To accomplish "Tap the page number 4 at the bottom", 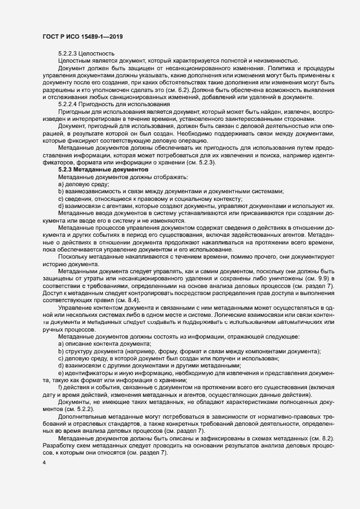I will tap(44, 463).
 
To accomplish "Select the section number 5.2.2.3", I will tap(68, 53).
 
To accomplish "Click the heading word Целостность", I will tap(98, 53).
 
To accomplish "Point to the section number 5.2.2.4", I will tap(68, 103).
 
